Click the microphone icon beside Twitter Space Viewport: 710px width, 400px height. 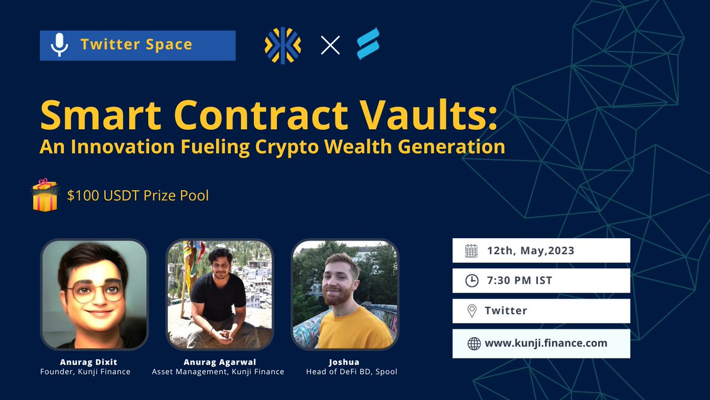click(x=59, y=45)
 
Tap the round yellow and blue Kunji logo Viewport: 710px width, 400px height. click(x=283, y=45)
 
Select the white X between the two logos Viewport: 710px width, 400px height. click(x=330, y=45)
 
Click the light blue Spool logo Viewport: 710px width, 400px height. click(x=368, y=44)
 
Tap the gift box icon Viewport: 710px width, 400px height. click(x=45, y=196)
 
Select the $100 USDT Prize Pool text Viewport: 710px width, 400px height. click(x=138, y=195)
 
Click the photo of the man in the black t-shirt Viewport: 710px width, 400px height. click(x=220, y=295)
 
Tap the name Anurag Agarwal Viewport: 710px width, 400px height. click(x=218, y=361)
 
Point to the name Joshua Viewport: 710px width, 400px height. click(x=345, y=361)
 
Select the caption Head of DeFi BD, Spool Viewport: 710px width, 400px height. click(x=345, y=372)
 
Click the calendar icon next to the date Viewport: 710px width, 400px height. click(x=472, y=251)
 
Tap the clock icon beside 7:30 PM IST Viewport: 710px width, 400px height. click(x=472, y=280)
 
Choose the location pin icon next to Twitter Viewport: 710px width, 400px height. click(x=472, y=311)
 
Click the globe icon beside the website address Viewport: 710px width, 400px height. click(x=473, y=344)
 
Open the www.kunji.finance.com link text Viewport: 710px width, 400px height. click(x=546, y=343)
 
